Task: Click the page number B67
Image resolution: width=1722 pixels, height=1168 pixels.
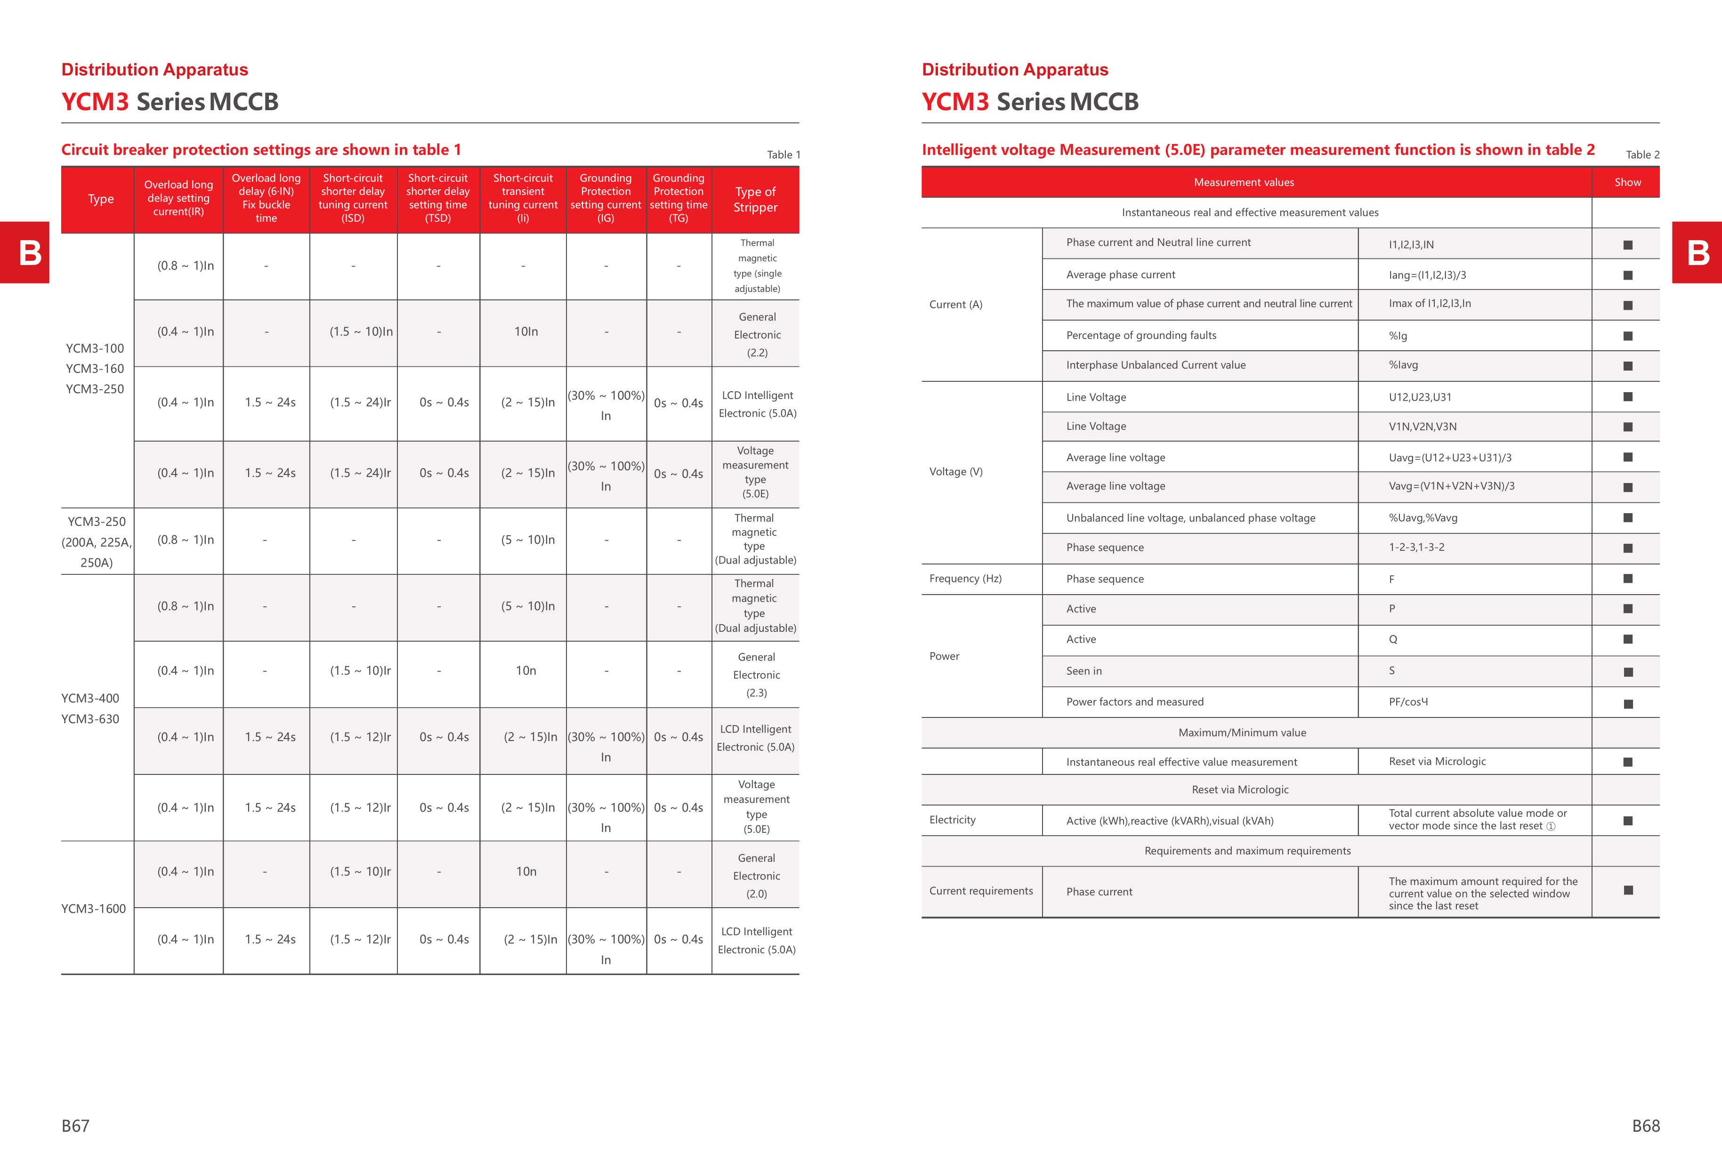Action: (76, 1126)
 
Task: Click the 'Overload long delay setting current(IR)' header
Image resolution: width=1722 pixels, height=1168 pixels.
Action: (178, 199)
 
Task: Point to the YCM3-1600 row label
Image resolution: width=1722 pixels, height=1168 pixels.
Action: (93, 909)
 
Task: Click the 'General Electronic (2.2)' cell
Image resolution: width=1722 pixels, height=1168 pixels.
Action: (757, 335)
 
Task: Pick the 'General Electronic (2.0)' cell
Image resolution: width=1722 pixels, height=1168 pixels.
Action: (756, 876)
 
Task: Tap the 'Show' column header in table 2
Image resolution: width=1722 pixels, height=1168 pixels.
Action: (1627, 182)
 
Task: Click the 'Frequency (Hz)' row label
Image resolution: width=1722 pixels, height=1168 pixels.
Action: (965, 579)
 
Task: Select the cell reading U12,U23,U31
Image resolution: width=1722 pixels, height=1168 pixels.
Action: (1420, 397)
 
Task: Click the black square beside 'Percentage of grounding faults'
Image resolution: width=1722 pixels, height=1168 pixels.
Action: (1628, 336)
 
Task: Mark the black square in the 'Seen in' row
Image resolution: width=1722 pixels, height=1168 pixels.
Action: (1628, 672)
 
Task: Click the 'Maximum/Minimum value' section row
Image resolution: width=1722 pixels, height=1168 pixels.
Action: (1242, 733)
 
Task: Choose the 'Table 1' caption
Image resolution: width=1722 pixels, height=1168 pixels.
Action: (783, 155)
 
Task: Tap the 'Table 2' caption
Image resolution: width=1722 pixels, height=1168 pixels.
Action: (1642, 155)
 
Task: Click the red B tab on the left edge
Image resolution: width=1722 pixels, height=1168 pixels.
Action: (30, 252)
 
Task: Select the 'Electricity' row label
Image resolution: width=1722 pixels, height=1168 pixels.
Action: (952, 820)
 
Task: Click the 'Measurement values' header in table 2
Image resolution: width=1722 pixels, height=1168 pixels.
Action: (1243, 182)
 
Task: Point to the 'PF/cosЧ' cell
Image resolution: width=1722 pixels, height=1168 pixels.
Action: (1408, 702)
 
